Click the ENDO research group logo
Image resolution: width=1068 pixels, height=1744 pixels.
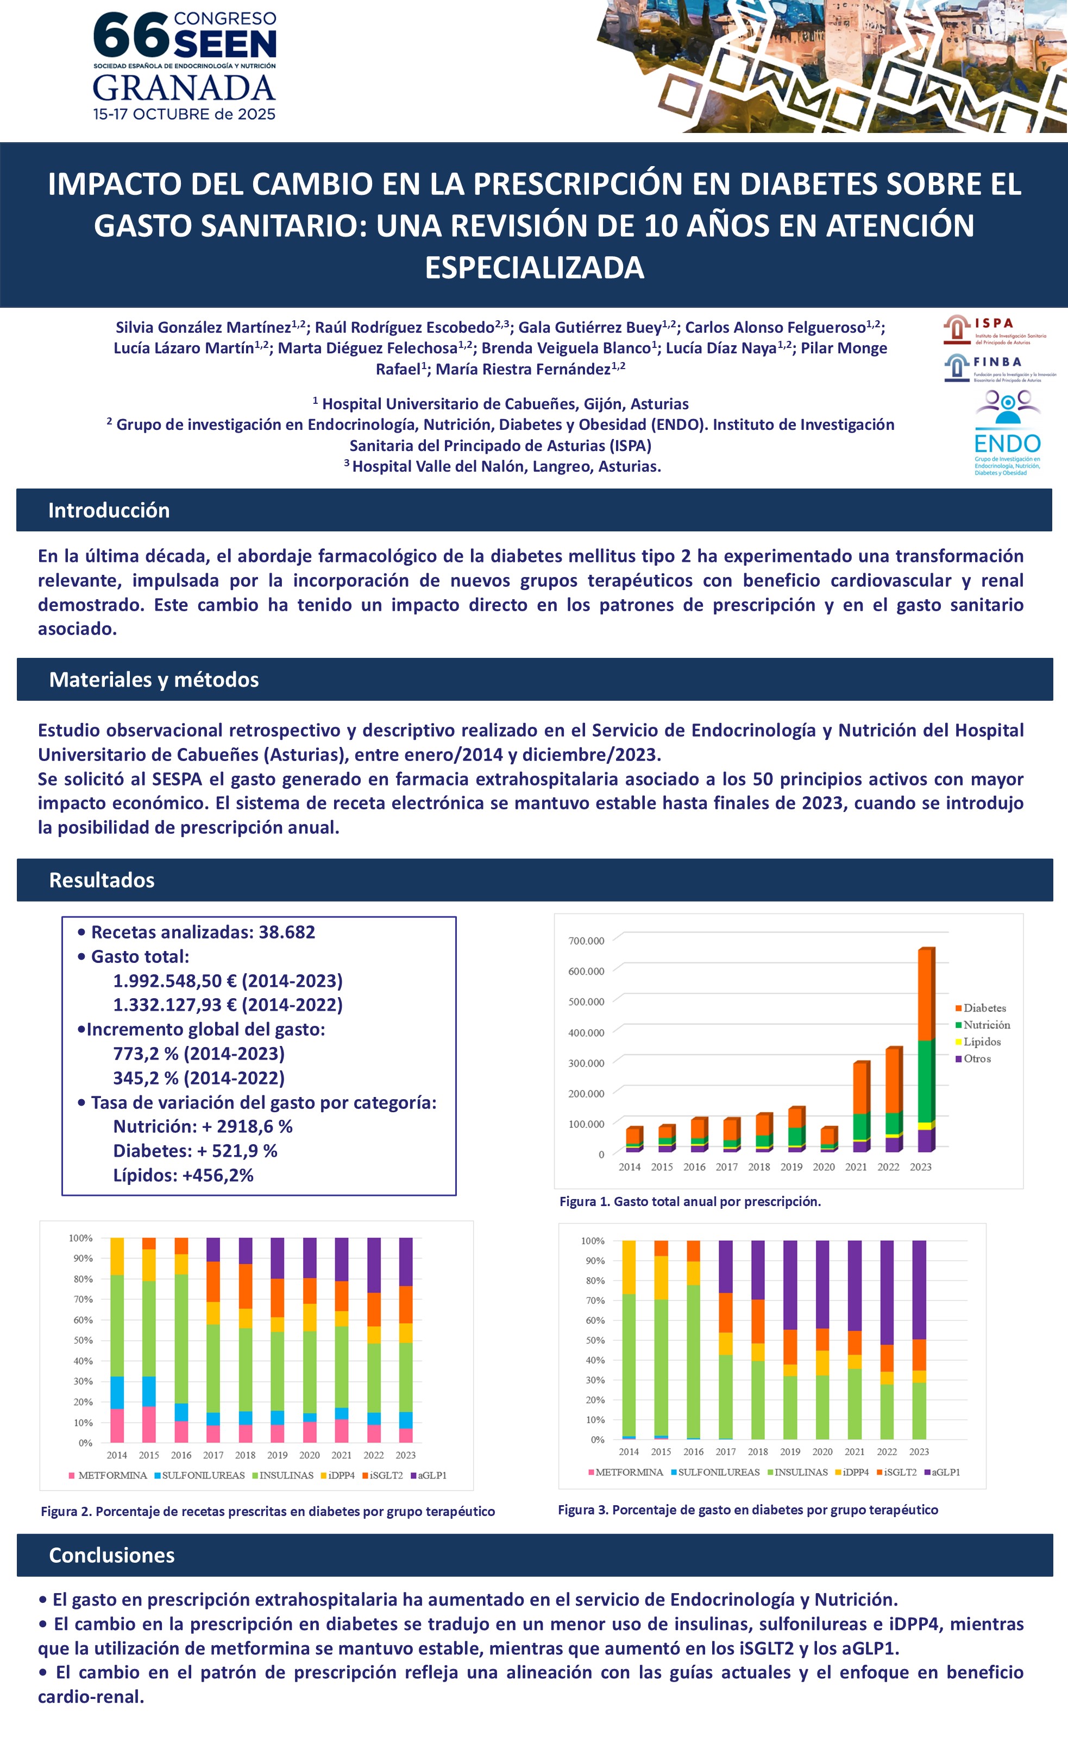pyautogui.click(x=1007, y=433)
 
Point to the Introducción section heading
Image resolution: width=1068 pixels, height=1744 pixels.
pyautogui.click(x=109, y=510)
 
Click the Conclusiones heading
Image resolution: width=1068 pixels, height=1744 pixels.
pyautogui.click(x=111, y=1555)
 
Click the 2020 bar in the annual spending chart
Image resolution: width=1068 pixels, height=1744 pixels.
pyautogui.click(x=828, y=1138)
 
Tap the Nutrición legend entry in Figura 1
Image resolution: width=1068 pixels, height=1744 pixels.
pyautogui.click(x=986, y=1025)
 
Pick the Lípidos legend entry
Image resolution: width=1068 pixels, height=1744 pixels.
pyautogui.click(x=982, y=1042)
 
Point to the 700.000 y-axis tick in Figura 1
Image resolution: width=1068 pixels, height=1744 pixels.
pyautogui.click(x=586, y=941)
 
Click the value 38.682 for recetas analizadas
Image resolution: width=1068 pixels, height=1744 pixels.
pyautogui.click(x=287, y=932)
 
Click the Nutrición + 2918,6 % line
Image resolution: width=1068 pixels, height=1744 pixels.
pyautogui.click(x=203, y=1127)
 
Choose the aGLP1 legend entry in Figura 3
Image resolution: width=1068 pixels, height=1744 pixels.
pyautogui.click(x=945, y=1472)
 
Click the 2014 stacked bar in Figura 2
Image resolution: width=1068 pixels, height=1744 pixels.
pyautogui.click(x=117, y=1339)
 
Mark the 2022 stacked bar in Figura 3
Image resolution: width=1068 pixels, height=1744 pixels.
pyautogui.click(x=887, y=1339)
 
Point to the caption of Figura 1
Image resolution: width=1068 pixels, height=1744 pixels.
pyautogui.click(x=690, y=1202)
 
